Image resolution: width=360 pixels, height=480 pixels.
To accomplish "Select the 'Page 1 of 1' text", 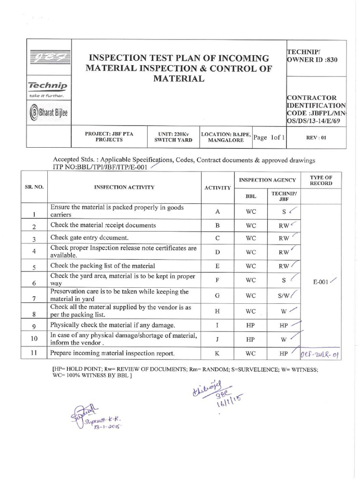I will point(270,138).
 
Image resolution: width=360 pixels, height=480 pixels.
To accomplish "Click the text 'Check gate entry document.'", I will point(89,239).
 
